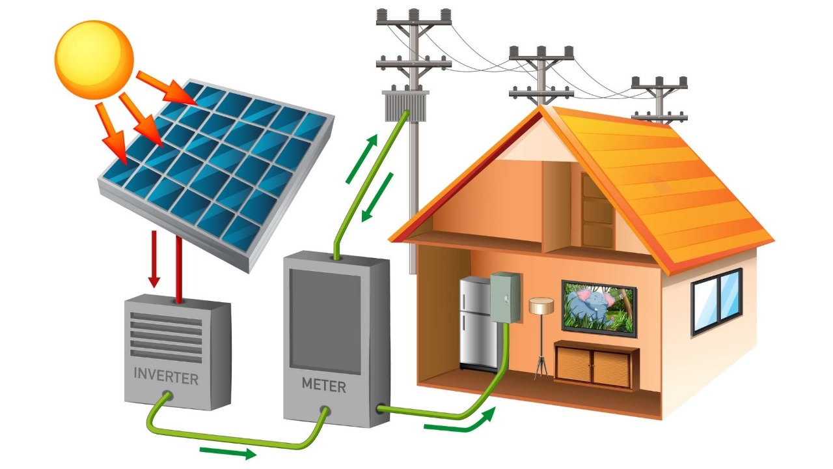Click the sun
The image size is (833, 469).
(94, 59)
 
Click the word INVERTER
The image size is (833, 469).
(166, 376)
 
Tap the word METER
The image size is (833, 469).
(323, 385)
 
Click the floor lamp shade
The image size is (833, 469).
(541, 305)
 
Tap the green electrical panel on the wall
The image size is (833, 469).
(505, 297)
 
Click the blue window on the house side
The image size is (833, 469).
(716, 300)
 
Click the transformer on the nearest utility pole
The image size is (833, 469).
(398, 105)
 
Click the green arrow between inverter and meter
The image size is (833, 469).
(227, 452)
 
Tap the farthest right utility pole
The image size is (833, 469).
(659, 98)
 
